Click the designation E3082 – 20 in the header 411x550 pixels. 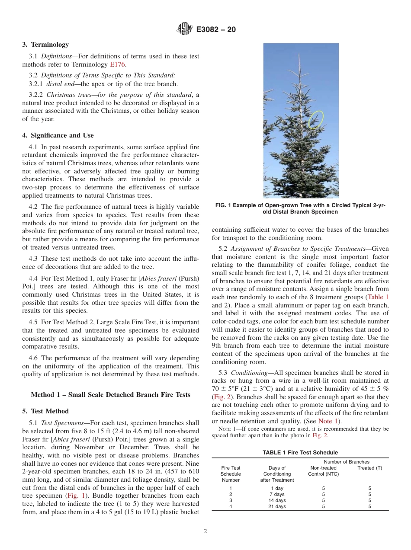pyautogui.click(x=216, y=30)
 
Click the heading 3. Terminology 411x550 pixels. pyautogui.click(x=45, y=45)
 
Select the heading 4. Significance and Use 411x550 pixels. pyautogui.click(x=58, y=135)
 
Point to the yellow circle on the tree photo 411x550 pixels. pyautogui.click(x=316, y=119)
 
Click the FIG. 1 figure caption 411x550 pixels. pyautogui.click(x=300, y=209)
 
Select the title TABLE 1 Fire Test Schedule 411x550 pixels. pyautogui.click(x=300, y=453)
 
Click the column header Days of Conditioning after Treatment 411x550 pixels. pyautogui.click(x=277, y=474)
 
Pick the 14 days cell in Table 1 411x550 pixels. pyautogui.click(x=277, y=500)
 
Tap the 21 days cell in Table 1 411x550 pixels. pyautogui.click(x=277, y=506)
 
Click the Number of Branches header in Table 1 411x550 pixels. pyautogui.click(x=347, y=462)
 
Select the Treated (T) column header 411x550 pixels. pyautogui.click(x=369, y=468)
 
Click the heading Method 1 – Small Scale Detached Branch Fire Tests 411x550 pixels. pyautogui.click(x=110, y=395)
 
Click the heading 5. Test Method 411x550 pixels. pyautogui.click(x=45, y=411)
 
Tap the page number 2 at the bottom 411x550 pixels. pyautogui.click(x=205, y=531)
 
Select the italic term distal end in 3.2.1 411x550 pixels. pyautogui.click(x=59, y=84)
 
